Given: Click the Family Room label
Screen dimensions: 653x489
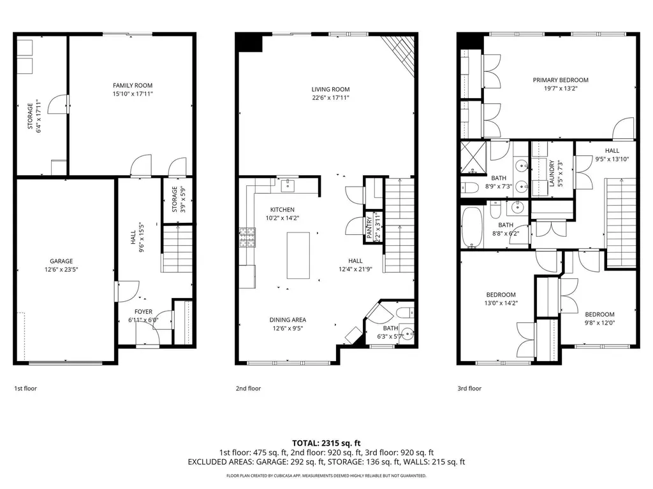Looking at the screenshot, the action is click(x=133, y=86).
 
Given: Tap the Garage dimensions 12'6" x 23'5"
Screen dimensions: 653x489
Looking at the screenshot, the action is click(x=61, y=269).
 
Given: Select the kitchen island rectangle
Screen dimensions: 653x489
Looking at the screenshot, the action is click(x=298, y=255).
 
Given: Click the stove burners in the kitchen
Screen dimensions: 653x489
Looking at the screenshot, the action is click(x=247, y=237).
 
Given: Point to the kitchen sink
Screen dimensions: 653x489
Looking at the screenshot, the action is click(x=288, y=185).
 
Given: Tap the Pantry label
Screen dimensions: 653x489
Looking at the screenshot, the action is click(x=369, y=227).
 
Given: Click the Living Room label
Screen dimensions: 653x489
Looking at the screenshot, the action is click(x=330, y=89).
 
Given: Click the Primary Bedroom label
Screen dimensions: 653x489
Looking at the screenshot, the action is click(x=561, y=80).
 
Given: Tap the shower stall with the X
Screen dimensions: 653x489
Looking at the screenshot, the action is click(x=474, y=157).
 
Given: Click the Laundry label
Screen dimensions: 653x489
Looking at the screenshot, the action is click(x=552, y=173).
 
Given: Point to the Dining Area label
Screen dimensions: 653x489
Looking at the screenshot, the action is click(x=288, y=320).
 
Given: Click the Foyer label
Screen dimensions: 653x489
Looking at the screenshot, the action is click(x=143, y=311).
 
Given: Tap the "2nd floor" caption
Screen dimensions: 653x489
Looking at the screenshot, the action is click(x=248, y=388).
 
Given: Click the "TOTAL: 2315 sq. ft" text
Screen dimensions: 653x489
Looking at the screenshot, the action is click(x=326, y=443).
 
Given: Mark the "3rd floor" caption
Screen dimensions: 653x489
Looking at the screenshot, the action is click(x=469, y=388).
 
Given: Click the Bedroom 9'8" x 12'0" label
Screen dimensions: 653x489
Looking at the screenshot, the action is click(x=599, y=315).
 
